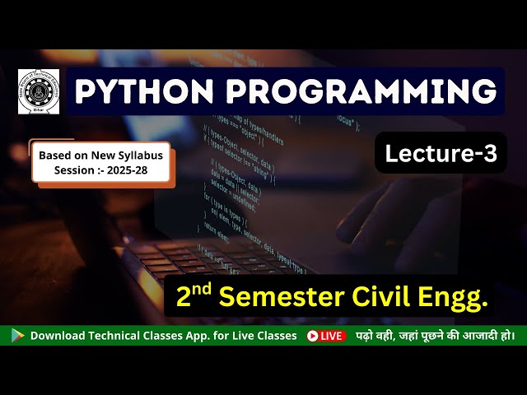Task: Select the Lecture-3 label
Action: click(x=441, y=153)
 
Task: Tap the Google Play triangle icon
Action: click(x=17, y=336)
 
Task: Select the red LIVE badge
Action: click(x=326, y=336)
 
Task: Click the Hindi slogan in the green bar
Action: click(x=435, y=336)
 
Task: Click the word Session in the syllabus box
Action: click(x=75, y=170)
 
